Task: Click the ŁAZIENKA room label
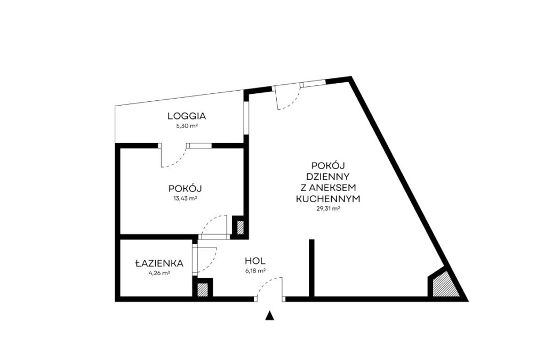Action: [x=159, y=263]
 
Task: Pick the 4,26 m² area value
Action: [x=159, y=273]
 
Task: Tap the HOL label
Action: [x=255, y=261]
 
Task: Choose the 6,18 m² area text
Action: [x=255, y=271]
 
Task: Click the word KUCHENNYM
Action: [x=328, y=199]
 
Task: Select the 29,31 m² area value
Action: [x=328, y=209]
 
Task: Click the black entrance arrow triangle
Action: [x=270, y=315]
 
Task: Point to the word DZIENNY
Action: [x=328, y=177]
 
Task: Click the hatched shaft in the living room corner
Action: [x=444, y=285]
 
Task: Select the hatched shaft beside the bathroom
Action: [x=202, y=290]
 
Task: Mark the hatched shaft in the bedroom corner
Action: [x=241, y=228]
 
